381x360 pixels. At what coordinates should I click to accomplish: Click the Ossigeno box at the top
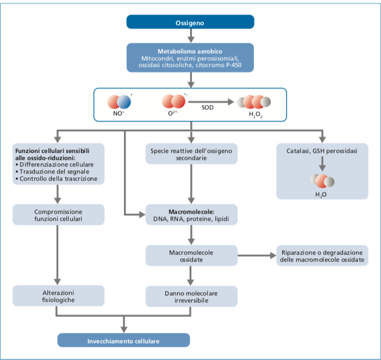[x=190, y=22]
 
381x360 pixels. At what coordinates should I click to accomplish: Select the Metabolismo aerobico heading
[x=190, y=51]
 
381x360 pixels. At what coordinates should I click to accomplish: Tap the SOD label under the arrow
[x=208, y=108]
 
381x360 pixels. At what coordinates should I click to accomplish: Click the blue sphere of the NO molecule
[x=124, y=102]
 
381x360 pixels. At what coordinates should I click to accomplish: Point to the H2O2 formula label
[x=255, y=114]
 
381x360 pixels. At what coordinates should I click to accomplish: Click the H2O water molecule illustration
[x=322, y=181]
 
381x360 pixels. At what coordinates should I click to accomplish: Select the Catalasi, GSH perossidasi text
[x=322, y=151]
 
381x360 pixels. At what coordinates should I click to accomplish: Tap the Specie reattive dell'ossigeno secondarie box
[x=191, y=154]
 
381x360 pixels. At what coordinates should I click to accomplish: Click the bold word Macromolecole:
[x=191, y=212]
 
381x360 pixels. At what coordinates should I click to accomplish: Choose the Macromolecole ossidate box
[x=191, y=256]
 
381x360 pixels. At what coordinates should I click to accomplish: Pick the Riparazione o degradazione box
[x=322, y=256]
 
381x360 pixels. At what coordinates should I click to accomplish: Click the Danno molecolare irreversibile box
[x=191, y=296]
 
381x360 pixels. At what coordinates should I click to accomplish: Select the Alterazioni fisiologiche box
[x=58, y=296]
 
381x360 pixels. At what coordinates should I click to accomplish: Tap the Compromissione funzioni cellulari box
[x=58, y=215]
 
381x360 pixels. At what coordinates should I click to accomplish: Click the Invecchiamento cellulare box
[x=123, y=340]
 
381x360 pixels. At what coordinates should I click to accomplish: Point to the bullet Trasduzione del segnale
[x=52, y=172]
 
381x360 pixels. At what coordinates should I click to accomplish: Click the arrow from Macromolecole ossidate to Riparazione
[x=257, y=256]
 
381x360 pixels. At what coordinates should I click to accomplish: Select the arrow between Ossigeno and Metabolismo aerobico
[x=191, y=36]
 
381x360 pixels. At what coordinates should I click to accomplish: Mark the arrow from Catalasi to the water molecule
[x=322, y=164]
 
